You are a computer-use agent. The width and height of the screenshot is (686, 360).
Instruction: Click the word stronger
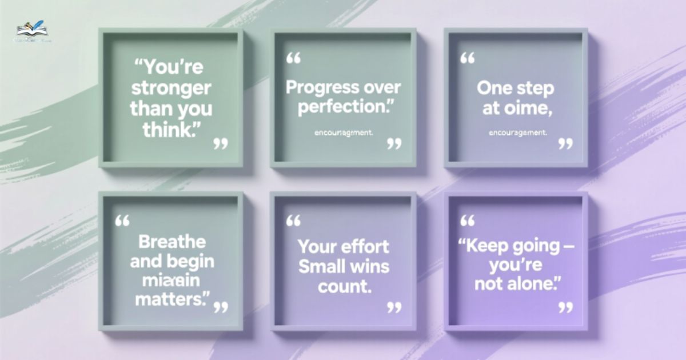tap(170, 89)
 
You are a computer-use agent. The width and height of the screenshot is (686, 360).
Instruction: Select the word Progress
tap(317, 88)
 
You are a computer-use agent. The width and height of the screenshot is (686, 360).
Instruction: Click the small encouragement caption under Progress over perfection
tap(344, 133)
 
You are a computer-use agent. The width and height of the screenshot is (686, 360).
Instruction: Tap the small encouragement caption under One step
tap(518, 133)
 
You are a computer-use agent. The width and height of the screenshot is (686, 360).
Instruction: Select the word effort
tap(366, 247)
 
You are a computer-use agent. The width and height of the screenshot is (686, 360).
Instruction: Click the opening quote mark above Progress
tap(293, 58)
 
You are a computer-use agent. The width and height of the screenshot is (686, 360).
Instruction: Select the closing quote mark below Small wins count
tap(394, 307)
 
